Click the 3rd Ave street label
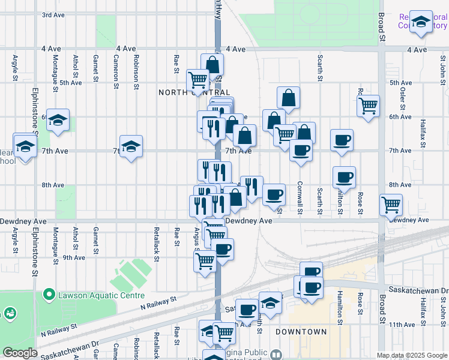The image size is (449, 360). [53, 14]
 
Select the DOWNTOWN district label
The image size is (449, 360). [301, 332]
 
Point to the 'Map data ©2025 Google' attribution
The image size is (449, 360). [411, 355]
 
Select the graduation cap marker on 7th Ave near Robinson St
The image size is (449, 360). [131, 147]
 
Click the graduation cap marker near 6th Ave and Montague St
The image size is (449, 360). [58, 121]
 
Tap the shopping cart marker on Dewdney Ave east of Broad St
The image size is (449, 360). [391, 205]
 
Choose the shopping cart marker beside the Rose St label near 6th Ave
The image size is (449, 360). [368, 106]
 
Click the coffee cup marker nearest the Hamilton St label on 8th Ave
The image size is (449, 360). [344, 178]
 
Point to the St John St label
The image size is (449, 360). [443, 68]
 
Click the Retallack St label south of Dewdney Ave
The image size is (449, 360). [156, 249]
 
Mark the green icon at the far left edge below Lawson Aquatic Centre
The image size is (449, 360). [10, 313]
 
